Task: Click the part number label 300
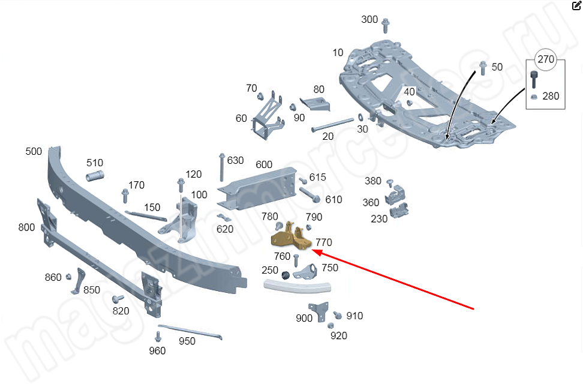tap(369, 20)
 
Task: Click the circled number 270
tap(546, 59)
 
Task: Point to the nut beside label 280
tap(533, 96)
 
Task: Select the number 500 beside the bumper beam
tap(34, 151)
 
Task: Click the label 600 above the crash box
tap(264, 164)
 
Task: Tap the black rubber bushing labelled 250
tap(286, 275)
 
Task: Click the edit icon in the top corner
tap(576, 6)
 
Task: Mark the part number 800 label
tap(26, 227)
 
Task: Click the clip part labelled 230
tap(399, 211)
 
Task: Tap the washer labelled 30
tap(360, 116)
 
